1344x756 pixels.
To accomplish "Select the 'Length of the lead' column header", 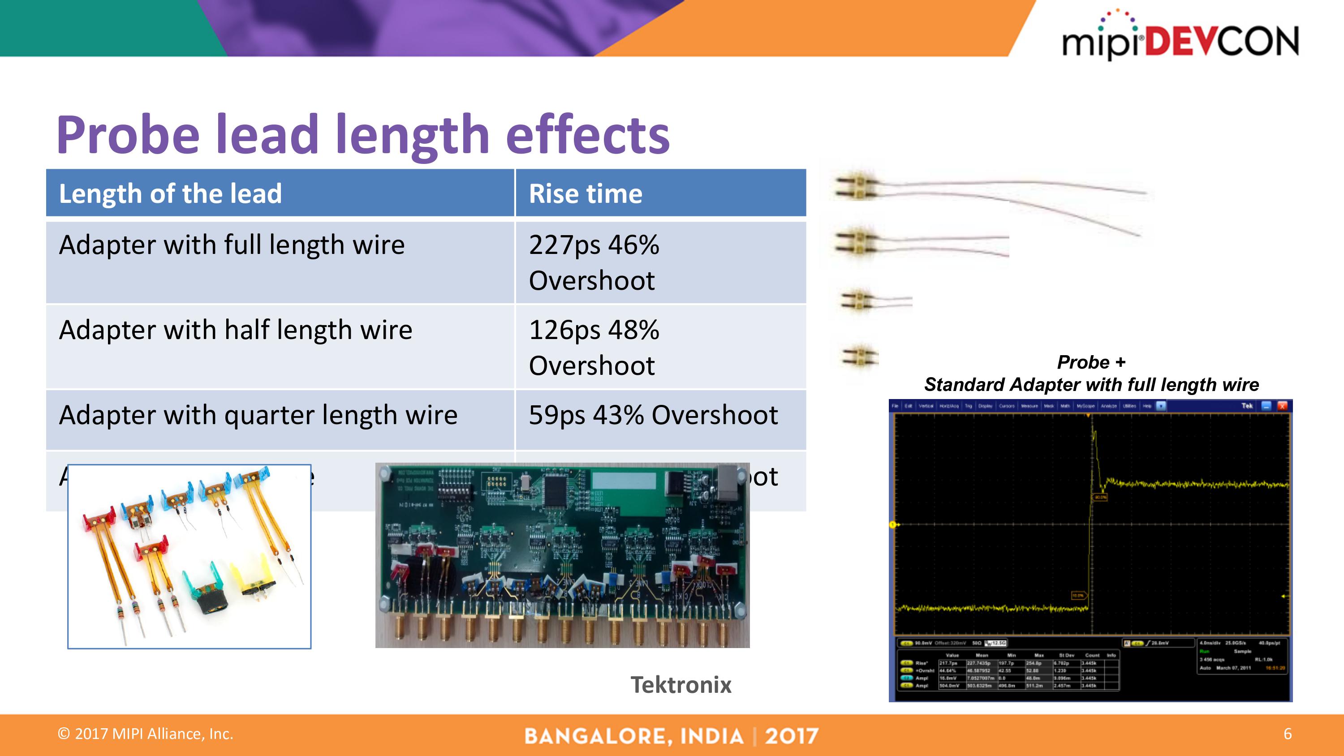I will (x=170, y=193).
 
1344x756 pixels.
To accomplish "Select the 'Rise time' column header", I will (x=586, y=193).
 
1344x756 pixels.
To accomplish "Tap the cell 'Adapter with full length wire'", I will (x=232, y=245).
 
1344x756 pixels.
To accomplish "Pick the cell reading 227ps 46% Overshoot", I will (x=594, y=262).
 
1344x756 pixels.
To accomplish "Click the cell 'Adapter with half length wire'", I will (x=235, y=330).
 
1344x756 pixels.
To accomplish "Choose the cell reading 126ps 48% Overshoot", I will (x=594, y=347).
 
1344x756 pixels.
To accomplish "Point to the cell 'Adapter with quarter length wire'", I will (x=258, y=415).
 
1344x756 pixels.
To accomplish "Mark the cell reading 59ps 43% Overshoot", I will (x=653, y=415).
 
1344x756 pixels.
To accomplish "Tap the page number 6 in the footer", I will (x=1287, y=734).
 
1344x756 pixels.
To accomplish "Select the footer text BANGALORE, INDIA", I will (x=634, y=736).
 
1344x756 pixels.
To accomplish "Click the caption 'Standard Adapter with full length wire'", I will (x=1091, y=385).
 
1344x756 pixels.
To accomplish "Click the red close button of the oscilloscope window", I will (x=1282, y=406).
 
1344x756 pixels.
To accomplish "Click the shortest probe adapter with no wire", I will (x=860, y=357).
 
